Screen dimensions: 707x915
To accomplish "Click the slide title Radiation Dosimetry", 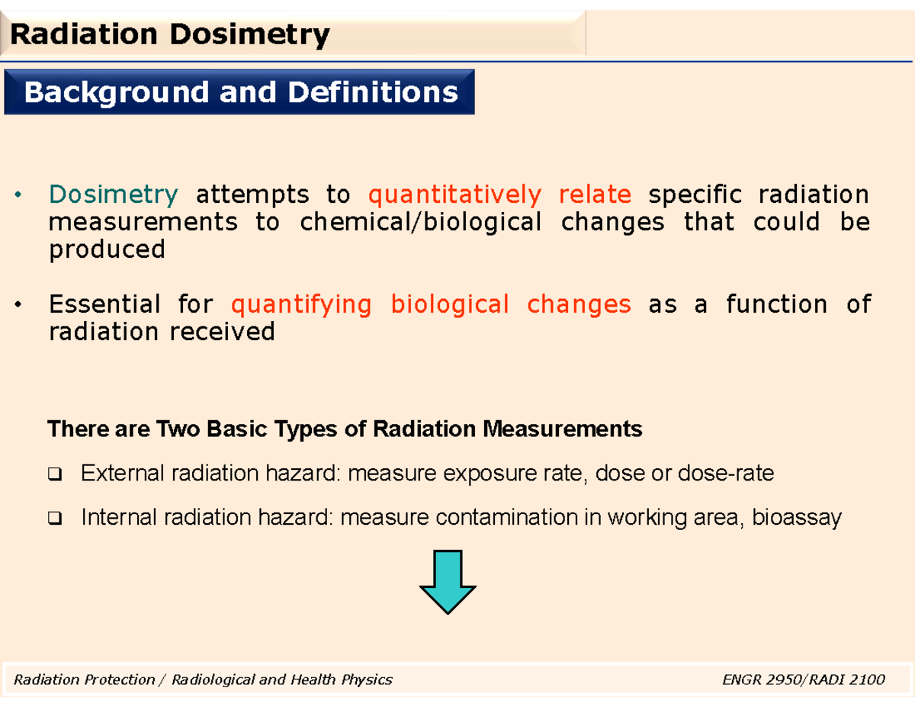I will [x=169, y=34].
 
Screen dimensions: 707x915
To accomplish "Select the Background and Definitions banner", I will [x=240, y=92].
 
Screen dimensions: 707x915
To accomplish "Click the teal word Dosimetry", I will [x=113, y=195].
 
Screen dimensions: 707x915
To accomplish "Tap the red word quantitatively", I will [x=454, y=195].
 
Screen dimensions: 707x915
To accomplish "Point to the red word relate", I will [x=595, y=195].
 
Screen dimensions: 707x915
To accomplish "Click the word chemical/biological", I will [x=421, y=223].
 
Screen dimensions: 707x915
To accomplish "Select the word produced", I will [x=107, y=250].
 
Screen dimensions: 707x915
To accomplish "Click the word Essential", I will [x=104, y=305].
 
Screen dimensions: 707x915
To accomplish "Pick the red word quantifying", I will [x=301, y=305].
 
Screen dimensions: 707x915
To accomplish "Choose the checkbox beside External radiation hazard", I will [x=56, y=476].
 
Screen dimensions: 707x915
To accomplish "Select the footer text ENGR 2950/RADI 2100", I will [x=803, y=679].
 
